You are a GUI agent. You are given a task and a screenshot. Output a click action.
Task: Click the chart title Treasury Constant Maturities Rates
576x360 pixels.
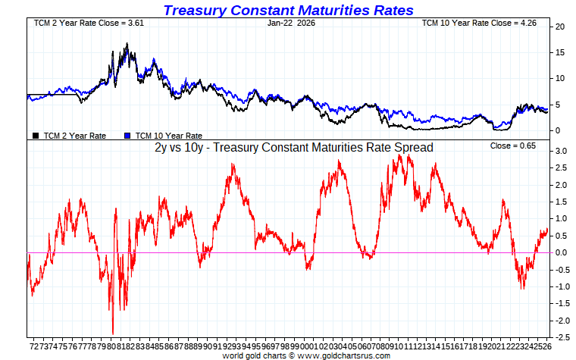[288, 10]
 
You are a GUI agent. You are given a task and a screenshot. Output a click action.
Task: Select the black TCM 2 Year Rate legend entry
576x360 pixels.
[70, 136]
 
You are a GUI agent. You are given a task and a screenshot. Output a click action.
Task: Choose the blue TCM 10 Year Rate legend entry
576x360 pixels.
[162, 136]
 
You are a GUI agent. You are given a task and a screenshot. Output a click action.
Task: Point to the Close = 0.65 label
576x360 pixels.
[513, 146]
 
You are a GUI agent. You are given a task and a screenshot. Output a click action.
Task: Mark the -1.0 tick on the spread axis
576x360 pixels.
[560, 286]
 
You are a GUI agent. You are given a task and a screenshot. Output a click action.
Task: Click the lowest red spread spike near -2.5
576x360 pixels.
[113, 333]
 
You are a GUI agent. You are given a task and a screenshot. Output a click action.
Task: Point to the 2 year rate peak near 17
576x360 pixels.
[127, 45]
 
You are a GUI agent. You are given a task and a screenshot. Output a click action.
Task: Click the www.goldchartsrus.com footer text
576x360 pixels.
[349, 355]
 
